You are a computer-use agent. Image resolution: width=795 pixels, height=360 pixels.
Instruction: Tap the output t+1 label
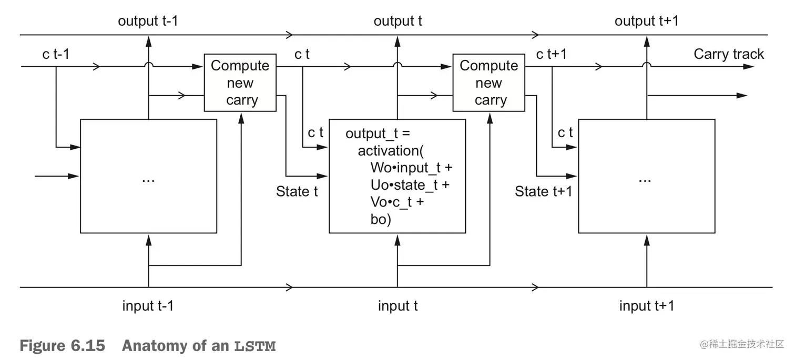[x=646, y=21]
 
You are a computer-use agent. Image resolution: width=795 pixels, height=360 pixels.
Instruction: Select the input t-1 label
[x=148, y=306]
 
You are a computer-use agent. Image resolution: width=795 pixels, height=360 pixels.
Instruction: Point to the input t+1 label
[x=646, y=306]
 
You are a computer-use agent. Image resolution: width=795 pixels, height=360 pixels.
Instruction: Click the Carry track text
[x=728, y=54]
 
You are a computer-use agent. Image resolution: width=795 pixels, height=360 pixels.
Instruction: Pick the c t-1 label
[x=56, y=55]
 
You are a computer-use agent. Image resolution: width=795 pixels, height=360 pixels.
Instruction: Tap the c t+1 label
[x=551, y=54]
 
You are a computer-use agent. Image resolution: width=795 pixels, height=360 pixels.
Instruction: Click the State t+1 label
[x=543, y=191]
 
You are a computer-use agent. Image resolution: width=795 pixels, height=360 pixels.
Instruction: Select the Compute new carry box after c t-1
[x=240, y=83]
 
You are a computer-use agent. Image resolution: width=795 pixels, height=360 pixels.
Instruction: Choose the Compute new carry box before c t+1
[x=488, y=83]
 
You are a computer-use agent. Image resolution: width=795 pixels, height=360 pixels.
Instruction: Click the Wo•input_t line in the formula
[x=411, y=168]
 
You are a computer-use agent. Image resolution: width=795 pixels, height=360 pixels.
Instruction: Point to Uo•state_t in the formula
[x=410, y=185]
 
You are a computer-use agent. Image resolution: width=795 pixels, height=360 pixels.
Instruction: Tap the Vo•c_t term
[x=397, y=202]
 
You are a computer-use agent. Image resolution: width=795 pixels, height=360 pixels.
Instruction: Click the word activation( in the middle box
[x=391, y=151]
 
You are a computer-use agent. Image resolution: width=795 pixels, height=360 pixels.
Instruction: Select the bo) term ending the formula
[x=381, y=219]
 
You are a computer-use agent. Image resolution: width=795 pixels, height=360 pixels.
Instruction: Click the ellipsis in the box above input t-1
[x=148, y=178]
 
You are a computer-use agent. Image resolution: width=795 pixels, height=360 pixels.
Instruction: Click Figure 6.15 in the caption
[x=62, y=346]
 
